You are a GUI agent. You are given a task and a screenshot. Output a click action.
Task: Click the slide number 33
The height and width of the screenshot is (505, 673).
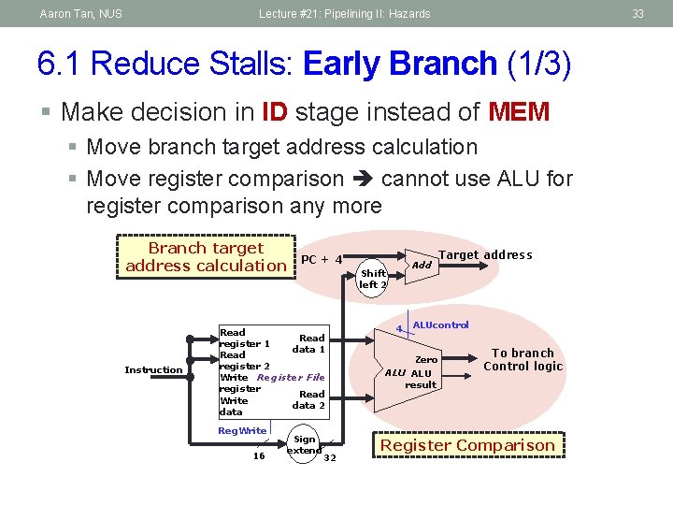click(638, 14)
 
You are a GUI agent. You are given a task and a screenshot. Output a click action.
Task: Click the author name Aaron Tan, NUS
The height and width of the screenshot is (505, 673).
click(80, 14)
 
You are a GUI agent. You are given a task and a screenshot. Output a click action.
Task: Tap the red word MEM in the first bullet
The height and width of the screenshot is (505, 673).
click(519, 112)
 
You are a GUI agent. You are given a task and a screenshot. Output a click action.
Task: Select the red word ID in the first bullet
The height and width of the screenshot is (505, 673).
click(275, 112)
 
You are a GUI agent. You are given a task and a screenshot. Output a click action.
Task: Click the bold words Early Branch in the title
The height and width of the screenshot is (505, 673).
click(400, 64)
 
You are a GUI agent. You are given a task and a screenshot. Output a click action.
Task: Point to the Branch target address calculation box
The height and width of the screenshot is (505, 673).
click(206, 257)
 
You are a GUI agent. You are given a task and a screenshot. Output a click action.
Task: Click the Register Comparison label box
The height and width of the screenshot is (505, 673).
click(467, 445)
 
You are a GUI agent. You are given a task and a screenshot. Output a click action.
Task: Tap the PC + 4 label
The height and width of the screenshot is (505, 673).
click(322, 259)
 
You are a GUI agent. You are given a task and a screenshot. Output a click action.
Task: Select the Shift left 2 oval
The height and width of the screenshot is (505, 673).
click(372, 279)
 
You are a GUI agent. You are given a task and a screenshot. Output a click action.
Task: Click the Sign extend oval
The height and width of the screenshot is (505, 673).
click(304, 444)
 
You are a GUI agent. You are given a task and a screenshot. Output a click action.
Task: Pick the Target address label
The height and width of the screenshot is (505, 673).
click(485, 255)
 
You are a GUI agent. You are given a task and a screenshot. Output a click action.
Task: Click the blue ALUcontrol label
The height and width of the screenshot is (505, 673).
click(440, 325)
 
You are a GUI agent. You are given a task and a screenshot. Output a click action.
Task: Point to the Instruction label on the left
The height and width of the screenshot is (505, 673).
click(153, 370)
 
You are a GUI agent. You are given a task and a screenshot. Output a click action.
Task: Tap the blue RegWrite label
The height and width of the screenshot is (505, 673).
click(241, 430)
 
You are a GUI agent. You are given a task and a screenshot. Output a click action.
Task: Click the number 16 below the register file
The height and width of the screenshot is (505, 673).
click(260, 456)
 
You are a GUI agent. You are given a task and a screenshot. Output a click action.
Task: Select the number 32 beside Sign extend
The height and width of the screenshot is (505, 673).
click(329, 457)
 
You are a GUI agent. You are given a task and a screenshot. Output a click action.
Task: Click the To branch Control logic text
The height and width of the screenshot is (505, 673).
click(523, 360)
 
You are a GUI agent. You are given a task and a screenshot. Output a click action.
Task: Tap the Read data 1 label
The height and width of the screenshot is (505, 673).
click(309, 343)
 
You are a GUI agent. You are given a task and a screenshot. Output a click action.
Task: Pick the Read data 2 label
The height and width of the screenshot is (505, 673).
click(309, 399)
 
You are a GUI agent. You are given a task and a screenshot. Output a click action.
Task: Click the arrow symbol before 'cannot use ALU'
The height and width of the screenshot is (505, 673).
click(363, 179)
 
